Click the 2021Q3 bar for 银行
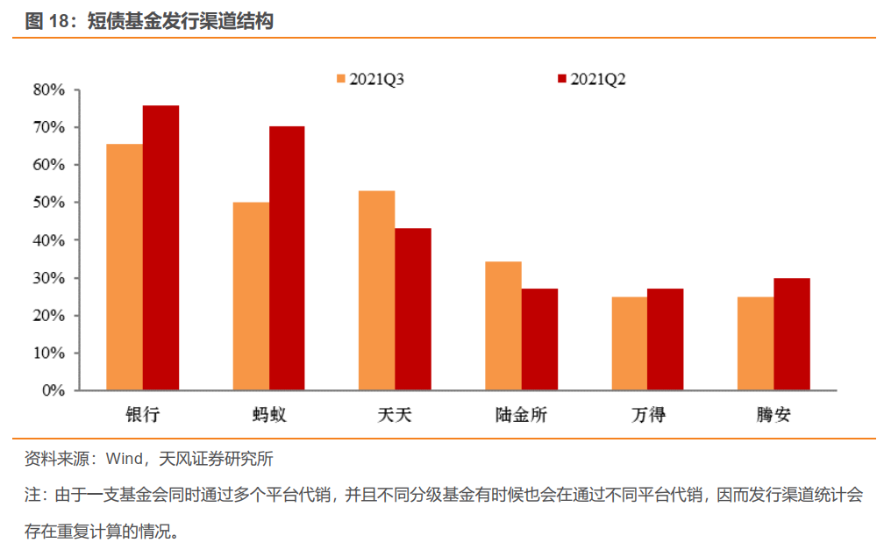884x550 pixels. tap(125, 267)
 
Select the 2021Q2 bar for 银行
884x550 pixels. tap(161, 247)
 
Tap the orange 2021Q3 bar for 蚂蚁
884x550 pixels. tap(251, 296)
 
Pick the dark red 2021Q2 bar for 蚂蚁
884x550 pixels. tap(287, 258)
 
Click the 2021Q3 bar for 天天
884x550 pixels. tap(376, 290)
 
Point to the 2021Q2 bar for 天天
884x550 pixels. tap(413, 309)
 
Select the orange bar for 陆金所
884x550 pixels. tap(503, 325)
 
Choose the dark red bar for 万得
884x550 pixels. tap(665, 339)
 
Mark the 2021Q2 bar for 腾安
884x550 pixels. tap(791, 333)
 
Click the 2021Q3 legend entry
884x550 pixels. tap(369, 79)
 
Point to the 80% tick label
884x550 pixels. tap(49, 89)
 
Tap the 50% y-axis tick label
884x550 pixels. tap(49, 203)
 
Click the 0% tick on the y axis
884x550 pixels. tap(53, 390)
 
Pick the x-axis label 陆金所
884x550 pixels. tap(521, 415)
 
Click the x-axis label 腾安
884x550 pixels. tap(773, 415)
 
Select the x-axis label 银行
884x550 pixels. tap(142, 415)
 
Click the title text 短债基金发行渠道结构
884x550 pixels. tap(180, 21)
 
